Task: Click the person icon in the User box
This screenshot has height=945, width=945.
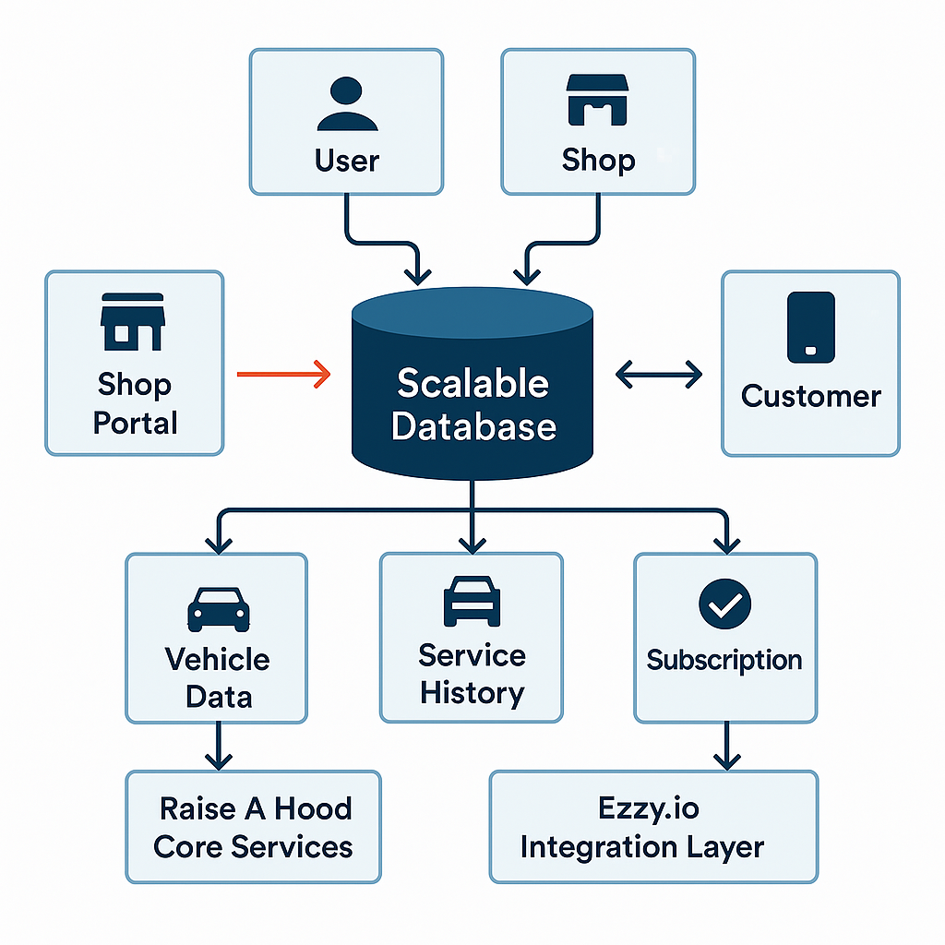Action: point(346,103)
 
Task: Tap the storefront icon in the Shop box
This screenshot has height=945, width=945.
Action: point(597,101)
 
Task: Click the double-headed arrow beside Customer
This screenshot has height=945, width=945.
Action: point(658,374)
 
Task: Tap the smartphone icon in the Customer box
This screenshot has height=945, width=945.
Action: point(810,327)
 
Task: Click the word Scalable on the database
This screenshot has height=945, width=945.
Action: point(472,384)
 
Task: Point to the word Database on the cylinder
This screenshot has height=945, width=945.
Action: point(472,426)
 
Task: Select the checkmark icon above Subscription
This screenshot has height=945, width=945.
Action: point(724,604)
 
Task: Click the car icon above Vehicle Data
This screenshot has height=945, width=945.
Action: point(218,608)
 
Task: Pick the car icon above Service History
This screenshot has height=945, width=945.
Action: point(472,604)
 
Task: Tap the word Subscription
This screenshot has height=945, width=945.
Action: point(724,661)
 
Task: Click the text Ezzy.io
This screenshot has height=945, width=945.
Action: point(648,808)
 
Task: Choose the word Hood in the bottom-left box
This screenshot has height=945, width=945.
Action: point(314,808)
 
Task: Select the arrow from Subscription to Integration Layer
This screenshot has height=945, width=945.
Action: point(726,746)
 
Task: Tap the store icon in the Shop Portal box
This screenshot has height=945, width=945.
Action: point(133,322)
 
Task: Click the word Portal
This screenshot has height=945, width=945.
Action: point(135,424)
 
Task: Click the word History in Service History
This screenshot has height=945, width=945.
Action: point(472,693)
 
